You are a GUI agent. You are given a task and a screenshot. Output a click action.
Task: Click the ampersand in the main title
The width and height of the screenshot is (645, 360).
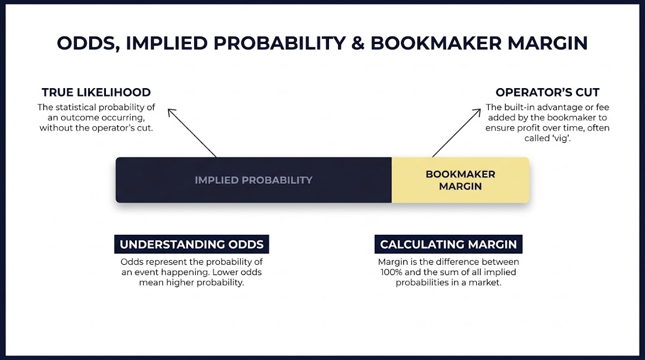[358, 43]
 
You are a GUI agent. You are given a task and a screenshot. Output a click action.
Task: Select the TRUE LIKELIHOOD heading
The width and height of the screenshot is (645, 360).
[96, 92]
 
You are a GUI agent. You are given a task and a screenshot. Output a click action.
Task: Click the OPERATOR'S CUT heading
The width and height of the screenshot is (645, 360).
[547, 92]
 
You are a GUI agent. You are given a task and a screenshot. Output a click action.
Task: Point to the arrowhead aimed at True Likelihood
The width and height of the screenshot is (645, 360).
[170, 112]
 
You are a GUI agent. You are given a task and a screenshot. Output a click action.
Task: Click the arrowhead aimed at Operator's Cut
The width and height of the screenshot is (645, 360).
[478, 112]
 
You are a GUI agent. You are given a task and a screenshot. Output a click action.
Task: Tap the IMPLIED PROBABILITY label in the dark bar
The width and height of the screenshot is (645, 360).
[254, 180]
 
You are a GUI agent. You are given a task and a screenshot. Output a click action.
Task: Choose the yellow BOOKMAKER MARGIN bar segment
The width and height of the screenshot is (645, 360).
[461, 180]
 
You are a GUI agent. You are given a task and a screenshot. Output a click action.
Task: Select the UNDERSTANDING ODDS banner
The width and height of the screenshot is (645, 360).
[191, 244]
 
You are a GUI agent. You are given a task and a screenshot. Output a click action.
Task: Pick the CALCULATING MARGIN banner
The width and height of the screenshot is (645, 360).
[448, 244]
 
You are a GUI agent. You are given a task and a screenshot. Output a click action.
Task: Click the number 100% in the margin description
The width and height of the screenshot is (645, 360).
[391, 272]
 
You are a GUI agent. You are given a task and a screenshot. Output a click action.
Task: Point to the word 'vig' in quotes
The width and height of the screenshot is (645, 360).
[561, 139]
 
